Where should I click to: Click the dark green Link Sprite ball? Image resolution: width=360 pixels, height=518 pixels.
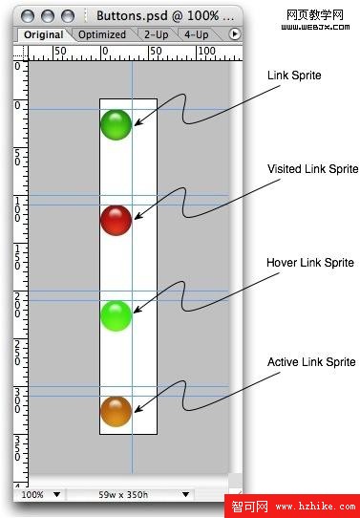116,124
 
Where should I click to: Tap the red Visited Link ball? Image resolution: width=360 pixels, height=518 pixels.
116,220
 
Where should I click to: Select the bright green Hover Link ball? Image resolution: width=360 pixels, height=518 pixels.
116,315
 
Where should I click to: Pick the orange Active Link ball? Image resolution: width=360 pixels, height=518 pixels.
116,411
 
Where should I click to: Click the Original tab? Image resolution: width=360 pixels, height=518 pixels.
44,34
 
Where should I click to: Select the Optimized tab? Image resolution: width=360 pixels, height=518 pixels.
102,34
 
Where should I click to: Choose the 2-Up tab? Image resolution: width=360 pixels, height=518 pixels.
157,34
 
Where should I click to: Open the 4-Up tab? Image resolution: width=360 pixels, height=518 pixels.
197,34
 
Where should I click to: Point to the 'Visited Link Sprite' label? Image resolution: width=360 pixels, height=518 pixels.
312,169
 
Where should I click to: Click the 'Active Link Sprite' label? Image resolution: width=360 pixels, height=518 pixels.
311,362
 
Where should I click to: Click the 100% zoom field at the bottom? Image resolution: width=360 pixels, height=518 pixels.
33,495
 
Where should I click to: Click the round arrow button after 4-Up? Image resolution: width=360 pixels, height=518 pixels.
235,34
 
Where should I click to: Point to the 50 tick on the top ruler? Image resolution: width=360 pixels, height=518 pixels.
60,50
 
